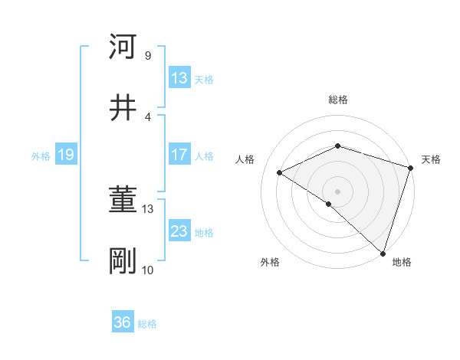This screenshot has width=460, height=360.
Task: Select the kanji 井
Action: tap(123, 107)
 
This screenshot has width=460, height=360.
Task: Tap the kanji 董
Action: tap(123, 201)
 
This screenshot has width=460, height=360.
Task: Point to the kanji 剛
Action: tap(123, 261)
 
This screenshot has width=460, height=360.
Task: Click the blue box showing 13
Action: tap(179, 78)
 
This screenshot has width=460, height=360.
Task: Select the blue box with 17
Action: tap(179, 155)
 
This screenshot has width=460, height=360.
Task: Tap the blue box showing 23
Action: tap(179, 231)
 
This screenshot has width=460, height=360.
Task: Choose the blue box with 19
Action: tap(65, 155)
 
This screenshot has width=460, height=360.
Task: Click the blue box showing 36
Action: tap(123, 322)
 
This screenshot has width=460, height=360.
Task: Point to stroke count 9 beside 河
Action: tap(147, 55)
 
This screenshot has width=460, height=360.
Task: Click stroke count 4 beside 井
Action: tap(147, 116)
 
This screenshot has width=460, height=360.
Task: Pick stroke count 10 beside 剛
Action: tap(147, 270)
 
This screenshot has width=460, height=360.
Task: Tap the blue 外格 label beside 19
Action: tap(41, 156)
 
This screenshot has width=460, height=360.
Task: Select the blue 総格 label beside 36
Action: tap(147, 324)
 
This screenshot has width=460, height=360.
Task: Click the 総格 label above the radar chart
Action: tap(338, 100)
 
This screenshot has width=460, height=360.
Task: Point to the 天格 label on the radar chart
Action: tap(431, 159)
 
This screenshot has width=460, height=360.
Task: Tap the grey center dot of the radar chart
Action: tap(338, 191)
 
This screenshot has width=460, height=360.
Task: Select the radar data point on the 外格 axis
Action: tap(329, 204)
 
